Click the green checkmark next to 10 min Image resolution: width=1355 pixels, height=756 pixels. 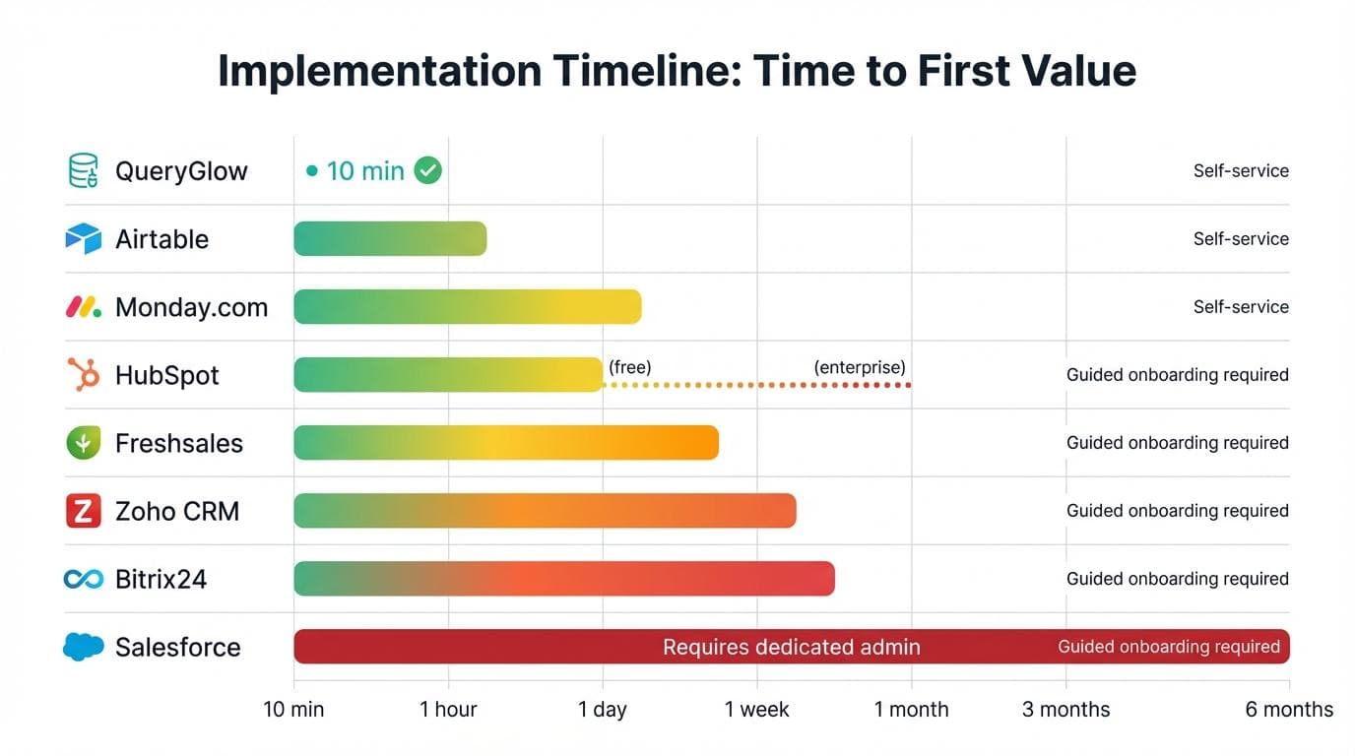point(427,170)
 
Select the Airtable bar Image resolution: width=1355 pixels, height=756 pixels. point(390,238)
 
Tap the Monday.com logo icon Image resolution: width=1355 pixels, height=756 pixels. point(84,307)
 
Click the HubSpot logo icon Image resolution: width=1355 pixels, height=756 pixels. point(84,375)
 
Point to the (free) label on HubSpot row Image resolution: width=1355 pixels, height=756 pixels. point(630,367)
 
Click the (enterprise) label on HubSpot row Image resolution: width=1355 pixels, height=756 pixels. point(860,367)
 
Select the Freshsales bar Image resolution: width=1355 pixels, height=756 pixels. point(506,443)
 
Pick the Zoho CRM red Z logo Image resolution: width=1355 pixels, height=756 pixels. point(84,511)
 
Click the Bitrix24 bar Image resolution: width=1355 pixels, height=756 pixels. point(564,579)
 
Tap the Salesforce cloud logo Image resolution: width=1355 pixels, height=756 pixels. point(84,647)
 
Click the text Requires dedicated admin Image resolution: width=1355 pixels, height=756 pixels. point(791,647)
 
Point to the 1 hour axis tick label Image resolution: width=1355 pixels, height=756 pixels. point(448,710)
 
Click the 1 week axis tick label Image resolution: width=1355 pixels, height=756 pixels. point(756,710)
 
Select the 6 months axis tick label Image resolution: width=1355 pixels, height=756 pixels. point(1289,710)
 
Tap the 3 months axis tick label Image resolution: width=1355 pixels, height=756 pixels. point(1065,710)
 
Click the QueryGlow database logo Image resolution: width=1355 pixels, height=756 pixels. point(84,170)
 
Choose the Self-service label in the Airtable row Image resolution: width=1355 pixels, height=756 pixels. point(1241,239)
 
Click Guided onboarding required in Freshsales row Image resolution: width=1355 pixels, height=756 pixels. point(1177,443)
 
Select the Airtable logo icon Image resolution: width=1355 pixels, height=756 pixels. point(84,238)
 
